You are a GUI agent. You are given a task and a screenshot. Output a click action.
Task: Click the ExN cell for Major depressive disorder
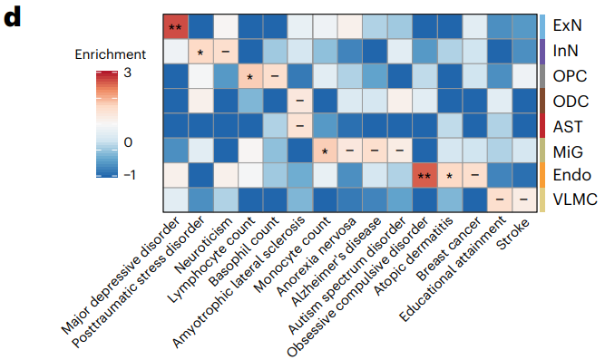[x=176, y=28]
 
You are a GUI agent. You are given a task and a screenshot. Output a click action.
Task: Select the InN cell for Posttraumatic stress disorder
[x=200, y=52]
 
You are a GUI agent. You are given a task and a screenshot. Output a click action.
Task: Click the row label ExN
[x=569, y=28]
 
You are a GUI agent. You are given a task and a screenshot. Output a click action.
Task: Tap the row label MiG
[x=569, y=149]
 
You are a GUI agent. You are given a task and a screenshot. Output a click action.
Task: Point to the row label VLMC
[x=574, y=198]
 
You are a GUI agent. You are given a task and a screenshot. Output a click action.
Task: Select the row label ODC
[x=571, y=101]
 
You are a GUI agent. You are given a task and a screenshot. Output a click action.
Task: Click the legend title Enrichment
[x=110, y=55]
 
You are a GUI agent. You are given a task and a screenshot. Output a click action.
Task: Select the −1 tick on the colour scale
[x=128, y=174]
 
